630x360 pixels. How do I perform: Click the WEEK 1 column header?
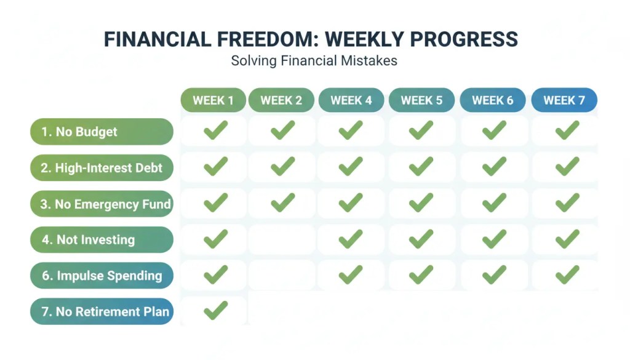tap(213, 100)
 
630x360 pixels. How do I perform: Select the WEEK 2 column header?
tap(281, 100)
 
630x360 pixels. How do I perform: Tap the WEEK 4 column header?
tap(351, 100)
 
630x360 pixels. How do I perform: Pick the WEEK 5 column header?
tap(421, 100)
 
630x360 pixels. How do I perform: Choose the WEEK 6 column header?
tap(492, 100)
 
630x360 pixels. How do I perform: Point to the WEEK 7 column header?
tap(564, 100)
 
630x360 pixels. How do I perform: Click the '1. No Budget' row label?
tap(102, 132)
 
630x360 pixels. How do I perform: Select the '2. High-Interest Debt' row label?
tap(102, 168)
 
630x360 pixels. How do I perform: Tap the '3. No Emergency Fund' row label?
tap(102, 204)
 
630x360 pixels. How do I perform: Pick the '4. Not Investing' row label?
tap(102, 240)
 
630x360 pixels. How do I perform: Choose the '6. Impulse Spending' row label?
tap(102, 276)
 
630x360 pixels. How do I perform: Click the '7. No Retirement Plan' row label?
tap(102, 311)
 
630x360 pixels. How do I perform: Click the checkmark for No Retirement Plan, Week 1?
tap(215, 310)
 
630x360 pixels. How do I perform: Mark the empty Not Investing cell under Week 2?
tap(282, 239)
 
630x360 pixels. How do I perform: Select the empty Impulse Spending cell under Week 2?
tap(282, 274)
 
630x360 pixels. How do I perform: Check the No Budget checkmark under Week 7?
tap(567, 130)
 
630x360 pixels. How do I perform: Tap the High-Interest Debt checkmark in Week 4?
tap(351, 166)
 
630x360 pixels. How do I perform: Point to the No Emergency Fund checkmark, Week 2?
tap(282, 202)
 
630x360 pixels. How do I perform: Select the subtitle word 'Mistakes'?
tap(370, 61)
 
